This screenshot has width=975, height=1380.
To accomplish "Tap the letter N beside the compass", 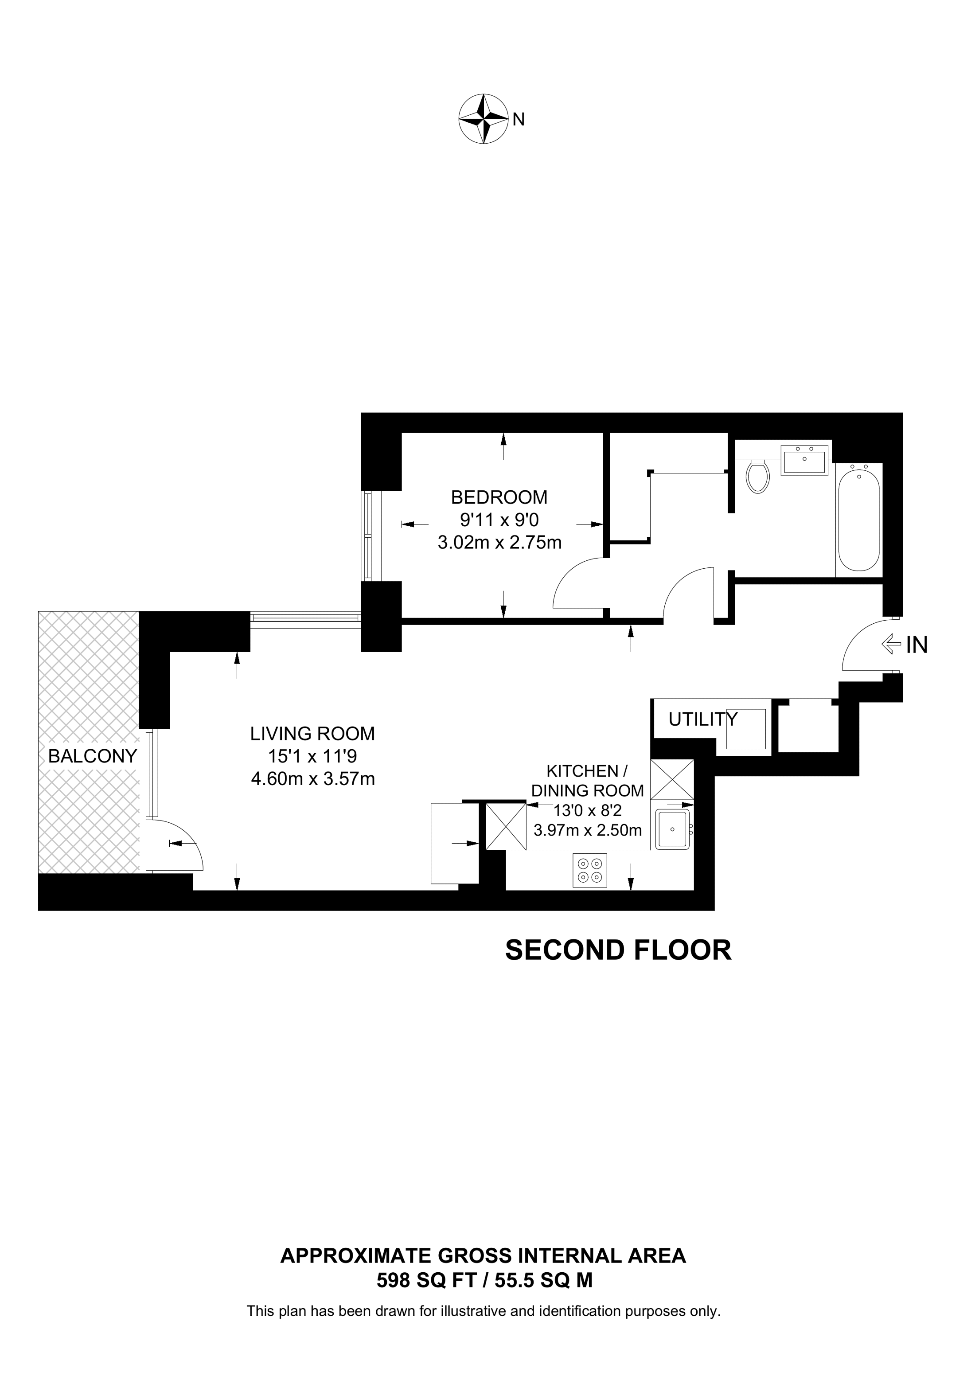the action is [x=519, y=120].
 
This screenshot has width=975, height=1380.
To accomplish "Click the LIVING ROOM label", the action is [x=312, y=733].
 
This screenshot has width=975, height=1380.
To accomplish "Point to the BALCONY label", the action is [x=93, y=756].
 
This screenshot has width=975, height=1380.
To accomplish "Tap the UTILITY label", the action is [x=703, y=719].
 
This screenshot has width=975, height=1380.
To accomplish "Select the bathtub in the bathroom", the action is [x=859, y=517].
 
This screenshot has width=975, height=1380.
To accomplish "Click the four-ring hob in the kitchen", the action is [x=590, y=870].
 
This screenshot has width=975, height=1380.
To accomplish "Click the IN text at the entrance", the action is [x=917, y=645].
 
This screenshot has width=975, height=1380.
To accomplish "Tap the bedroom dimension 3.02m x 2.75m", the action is [x=500, y=542].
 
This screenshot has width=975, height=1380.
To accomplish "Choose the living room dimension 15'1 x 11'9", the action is [x=312, y=756].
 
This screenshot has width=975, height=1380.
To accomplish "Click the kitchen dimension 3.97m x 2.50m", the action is [x=588, y=830].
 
